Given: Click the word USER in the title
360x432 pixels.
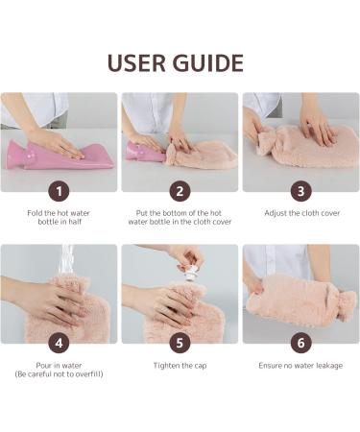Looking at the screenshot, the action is pyautogui.click(x=137, y=62).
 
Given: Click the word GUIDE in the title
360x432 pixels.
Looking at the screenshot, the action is pyautogui.click(x=208, y=62).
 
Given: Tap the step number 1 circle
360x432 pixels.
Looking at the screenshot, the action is pyautogui.click(x=59, y=191).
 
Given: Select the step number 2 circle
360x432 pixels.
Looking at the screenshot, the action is pyautogui.click(x=180, y=191).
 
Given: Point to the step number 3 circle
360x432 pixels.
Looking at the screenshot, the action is pyautogui.click(x=300, y=191).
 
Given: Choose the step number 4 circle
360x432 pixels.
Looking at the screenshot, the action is pyautogui.click(x=59, y=343).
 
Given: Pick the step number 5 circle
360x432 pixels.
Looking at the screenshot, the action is pyautogui.click(x=180, y=343).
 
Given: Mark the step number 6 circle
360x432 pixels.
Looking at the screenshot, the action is pyautogui.click(x=300, y=343).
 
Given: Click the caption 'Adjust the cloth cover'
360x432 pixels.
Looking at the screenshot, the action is pyautogui.click(x=302, y=213).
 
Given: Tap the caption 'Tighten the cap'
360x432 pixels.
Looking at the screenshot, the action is pyautogui.click(x=180, y=366).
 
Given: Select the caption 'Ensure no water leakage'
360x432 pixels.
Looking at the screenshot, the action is pyautogui.click(x=300, y=366).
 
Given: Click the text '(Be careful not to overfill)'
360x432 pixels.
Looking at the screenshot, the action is pyautogui.click(x=59, y=374).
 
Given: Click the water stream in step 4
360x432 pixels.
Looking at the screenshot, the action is pyautogui.click(x=66, y=261).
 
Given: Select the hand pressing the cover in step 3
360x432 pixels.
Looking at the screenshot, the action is pyautogui.click(x=317, y=128).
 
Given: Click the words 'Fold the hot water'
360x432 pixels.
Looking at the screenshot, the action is pyautogui.click(x=59, y=213).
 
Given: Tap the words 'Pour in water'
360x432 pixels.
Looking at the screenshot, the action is pyautogui.click(x=59, y=366).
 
